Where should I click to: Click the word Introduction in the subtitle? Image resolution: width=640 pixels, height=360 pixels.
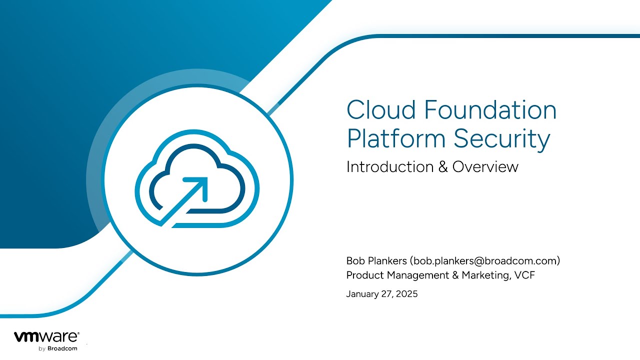click(x=389, y=166)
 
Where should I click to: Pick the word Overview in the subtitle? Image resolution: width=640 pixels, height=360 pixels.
click(x=485, y=166)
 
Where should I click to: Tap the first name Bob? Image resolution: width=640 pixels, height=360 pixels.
click(x=355, y=260)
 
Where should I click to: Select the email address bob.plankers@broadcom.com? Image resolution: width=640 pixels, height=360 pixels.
click(x=484, y=261)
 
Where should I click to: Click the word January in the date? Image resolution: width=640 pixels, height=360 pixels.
click(x=362, y=294)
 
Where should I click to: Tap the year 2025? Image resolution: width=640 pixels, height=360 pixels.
click(x=407, y=294)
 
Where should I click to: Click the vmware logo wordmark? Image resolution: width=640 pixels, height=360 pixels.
click(x=46, y=337)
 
